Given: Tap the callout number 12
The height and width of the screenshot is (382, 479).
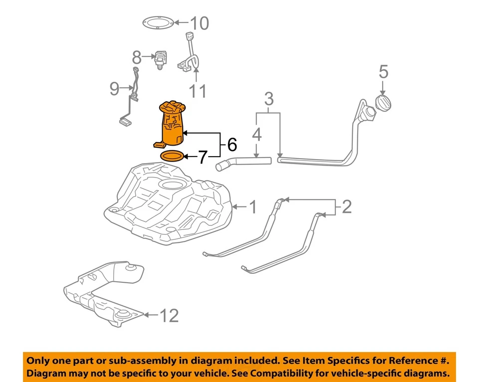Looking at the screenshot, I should [168, 315].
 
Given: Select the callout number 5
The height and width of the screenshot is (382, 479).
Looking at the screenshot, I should [383, 72].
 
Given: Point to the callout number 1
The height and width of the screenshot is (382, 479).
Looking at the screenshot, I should [253, 206].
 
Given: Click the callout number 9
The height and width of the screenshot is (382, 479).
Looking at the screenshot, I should [115, 89].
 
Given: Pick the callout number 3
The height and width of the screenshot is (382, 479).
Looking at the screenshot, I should [269, 99].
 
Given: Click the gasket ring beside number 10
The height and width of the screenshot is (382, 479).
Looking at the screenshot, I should [158, 23].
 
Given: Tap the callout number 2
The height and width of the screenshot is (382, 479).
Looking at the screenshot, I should [346, 206].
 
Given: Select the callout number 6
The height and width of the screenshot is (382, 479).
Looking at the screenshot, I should [232, 145].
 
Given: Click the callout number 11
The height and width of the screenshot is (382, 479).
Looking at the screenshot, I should [197, 91].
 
